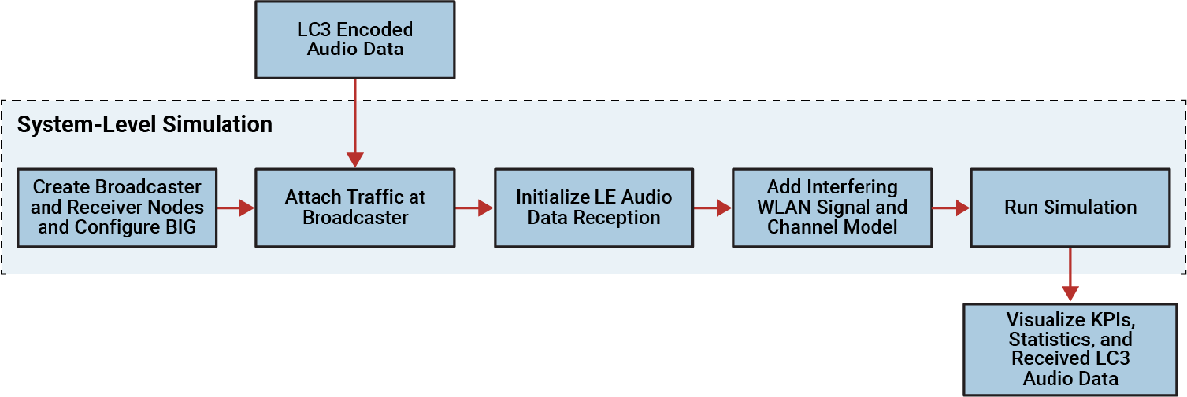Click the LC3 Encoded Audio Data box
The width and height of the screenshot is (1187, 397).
(354, 39)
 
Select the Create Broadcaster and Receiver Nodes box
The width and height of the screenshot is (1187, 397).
(118, 207)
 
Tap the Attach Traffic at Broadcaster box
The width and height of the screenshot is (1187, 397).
(354, 207)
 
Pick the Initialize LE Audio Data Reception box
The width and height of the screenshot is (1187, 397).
(593, 207)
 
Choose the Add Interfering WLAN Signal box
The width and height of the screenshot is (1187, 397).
(831, 207)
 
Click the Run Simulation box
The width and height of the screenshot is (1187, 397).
(1069, 207)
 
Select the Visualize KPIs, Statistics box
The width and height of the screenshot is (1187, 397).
(1069, 349)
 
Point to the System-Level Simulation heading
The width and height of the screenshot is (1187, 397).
(145, 126)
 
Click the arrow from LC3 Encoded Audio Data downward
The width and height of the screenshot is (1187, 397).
(354, 123)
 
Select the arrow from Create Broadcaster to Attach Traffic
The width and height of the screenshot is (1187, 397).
(236, 208)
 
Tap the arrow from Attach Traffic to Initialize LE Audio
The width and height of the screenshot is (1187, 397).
(474, 208)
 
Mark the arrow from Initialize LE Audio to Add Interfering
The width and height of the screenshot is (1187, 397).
(712, 208)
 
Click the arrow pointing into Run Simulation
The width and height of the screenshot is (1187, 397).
(951, 208)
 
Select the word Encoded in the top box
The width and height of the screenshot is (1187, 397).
(364, 29)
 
